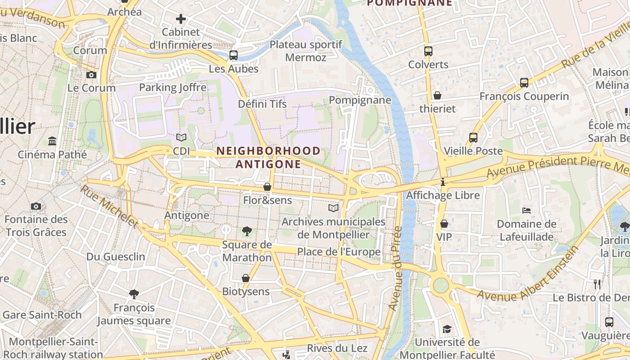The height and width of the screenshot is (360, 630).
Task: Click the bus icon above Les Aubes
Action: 233,55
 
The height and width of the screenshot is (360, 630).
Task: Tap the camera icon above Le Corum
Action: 91,75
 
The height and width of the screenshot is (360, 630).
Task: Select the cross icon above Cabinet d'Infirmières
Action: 180,19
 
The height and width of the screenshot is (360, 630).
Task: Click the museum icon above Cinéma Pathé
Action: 52,141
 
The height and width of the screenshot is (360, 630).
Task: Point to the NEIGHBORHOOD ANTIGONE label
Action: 268,157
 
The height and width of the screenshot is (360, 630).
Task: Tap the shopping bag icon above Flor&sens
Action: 267,186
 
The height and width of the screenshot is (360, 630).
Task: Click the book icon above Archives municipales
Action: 333,208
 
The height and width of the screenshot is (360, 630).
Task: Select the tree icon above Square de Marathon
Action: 247,231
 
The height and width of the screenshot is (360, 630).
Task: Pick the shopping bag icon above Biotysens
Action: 246,278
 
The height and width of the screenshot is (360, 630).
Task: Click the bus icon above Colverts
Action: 428,51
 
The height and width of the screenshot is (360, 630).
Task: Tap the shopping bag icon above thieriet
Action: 437,95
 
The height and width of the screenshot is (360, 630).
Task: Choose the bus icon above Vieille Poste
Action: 473,138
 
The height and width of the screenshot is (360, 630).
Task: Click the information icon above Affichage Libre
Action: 443,182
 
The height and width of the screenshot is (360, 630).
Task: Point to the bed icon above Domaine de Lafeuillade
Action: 526,210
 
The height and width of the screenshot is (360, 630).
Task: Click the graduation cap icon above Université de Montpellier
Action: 446,329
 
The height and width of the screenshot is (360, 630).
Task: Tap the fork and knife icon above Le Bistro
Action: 597,284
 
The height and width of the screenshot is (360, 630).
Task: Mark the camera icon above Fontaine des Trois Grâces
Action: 36,206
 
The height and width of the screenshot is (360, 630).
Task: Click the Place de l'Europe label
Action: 339,252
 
